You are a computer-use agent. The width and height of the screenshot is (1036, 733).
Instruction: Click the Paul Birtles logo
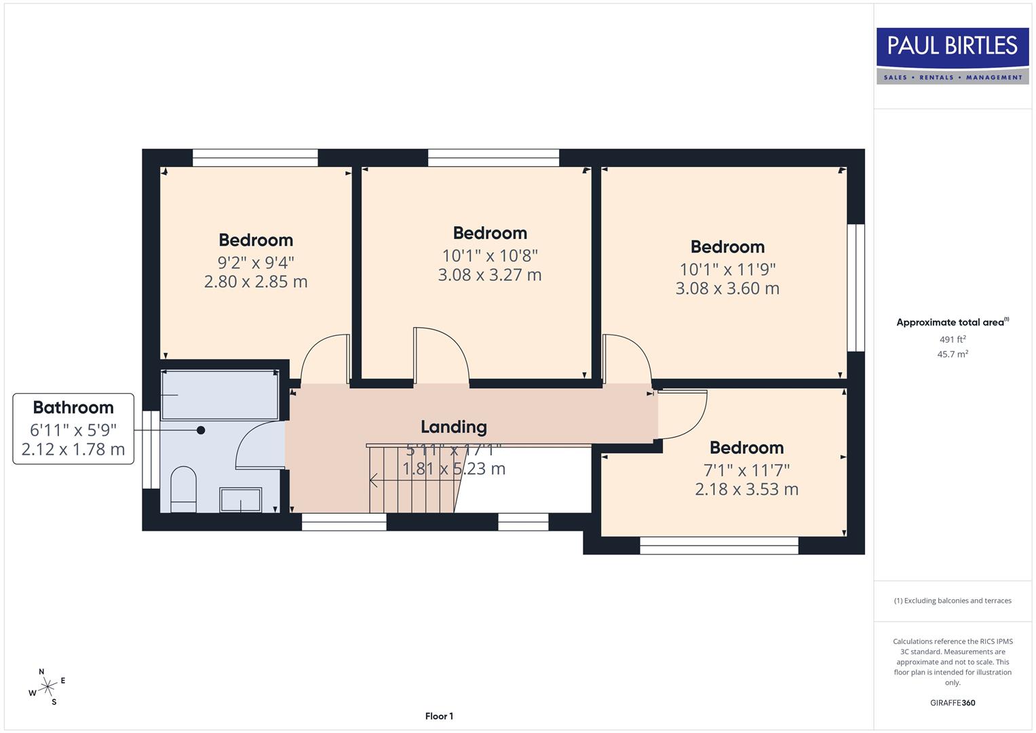tap(952, 55)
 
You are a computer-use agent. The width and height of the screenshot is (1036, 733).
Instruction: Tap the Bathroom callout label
tap(73, 408)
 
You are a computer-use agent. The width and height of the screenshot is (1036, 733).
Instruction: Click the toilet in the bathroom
tap(183, 489)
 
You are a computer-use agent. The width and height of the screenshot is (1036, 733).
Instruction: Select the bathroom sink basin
tap(241, 500)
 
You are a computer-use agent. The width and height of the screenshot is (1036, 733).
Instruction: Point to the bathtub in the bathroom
tap(219, 395)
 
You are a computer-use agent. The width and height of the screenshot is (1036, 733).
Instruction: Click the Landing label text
tap(453, 427)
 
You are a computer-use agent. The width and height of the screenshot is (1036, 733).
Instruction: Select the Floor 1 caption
tap(439, 716)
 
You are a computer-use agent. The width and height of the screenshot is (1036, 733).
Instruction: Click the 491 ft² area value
tap(952, 339)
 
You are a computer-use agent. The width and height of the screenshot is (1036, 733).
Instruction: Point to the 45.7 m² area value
tap(952, 354)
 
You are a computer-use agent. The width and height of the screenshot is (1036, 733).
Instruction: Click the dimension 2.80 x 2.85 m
tap(256, 282)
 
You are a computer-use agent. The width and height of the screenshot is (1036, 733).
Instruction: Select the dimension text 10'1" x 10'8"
tap(490, 256)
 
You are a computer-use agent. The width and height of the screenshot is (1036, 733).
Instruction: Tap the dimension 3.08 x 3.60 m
tap(727, 288)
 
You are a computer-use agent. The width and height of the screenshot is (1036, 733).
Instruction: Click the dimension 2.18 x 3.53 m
tap(746, 489)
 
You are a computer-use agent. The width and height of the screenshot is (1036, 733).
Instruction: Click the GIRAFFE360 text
tap(952, 702)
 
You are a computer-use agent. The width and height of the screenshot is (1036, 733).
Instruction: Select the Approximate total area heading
tap(952, 322)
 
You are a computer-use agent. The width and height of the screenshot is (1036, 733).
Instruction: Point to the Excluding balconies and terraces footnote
tap(952, 601)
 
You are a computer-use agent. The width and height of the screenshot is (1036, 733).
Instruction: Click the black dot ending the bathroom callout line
tap(201, 430)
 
